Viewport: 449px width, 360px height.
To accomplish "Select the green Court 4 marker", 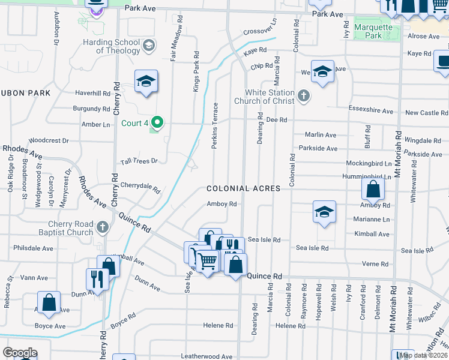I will pos(157,123).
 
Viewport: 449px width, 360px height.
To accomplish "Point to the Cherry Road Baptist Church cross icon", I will pos(103,227).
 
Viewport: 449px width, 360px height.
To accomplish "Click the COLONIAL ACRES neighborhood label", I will pos(243,188).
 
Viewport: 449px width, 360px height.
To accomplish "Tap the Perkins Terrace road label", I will pos(215,126).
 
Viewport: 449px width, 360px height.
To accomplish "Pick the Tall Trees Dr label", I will pos(139,161).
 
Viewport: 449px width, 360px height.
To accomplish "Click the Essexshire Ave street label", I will pos(371,111).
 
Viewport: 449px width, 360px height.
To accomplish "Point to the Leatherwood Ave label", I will pos(206,356).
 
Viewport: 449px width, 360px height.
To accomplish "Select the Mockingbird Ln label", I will pos(369,163).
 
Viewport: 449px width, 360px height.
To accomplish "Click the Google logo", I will pos(20,353).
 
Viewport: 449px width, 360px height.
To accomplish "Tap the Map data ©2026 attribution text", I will pos(423,355).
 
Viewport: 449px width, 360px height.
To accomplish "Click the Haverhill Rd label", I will pos(93,93).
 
